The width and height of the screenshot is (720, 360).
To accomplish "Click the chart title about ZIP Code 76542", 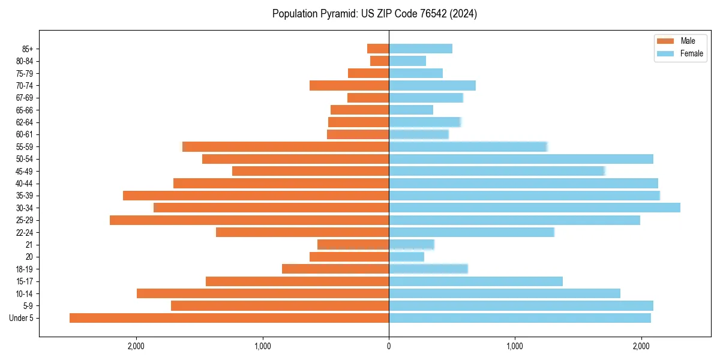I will [x=374, y=14].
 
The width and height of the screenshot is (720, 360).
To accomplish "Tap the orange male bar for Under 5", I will [x=229, y=318].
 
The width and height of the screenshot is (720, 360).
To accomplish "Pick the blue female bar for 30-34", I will [x=535, y=208].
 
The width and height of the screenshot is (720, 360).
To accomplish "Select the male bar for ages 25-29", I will [x=250, y=220].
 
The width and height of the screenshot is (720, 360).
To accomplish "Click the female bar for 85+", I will [x=421, y=49].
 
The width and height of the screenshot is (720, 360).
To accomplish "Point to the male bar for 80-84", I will [x=380, y=61].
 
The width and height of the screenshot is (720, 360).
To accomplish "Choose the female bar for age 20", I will [x=407, y=257].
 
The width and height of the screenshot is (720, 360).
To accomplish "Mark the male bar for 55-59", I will [x=286, y=146].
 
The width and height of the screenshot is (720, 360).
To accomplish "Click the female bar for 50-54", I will [x=521, y=159].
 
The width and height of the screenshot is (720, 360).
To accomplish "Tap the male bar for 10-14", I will [x=263, y=293].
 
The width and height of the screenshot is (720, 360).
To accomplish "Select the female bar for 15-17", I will [x=476, y=281].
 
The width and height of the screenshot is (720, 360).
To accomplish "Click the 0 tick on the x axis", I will [x=389, y=346].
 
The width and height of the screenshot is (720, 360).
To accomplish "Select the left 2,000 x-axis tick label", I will [x=136, y=346].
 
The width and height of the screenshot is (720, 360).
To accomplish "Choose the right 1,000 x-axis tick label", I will [x=515, y=346].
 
